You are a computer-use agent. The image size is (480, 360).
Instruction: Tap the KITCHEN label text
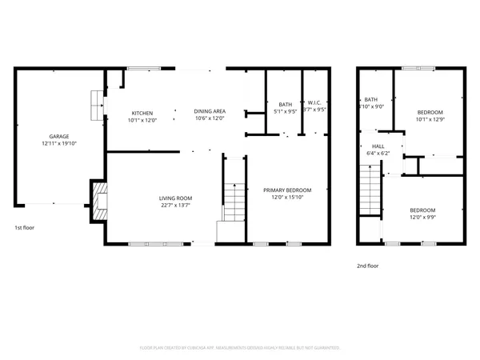[142, 113]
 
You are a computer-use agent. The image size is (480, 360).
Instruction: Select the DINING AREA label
[209, 113]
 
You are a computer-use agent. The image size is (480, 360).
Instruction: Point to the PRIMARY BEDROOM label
[287, 190]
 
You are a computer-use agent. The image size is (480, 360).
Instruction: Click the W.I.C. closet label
[314, 104]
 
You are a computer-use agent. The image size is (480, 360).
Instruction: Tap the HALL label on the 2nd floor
[378, 146]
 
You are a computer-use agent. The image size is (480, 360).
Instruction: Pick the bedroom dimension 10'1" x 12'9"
[430, 120]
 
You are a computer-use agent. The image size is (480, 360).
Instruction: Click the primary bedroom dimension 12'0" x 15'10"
[287, 197]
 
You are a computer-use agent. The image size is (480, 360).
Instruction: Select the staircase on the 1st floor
[234, 202]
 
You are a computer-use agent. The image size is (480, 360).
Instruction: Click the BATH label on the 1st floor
[285, 104]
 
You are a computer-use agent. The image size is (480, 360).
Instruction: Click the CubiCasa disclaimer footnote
[240, 348]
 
